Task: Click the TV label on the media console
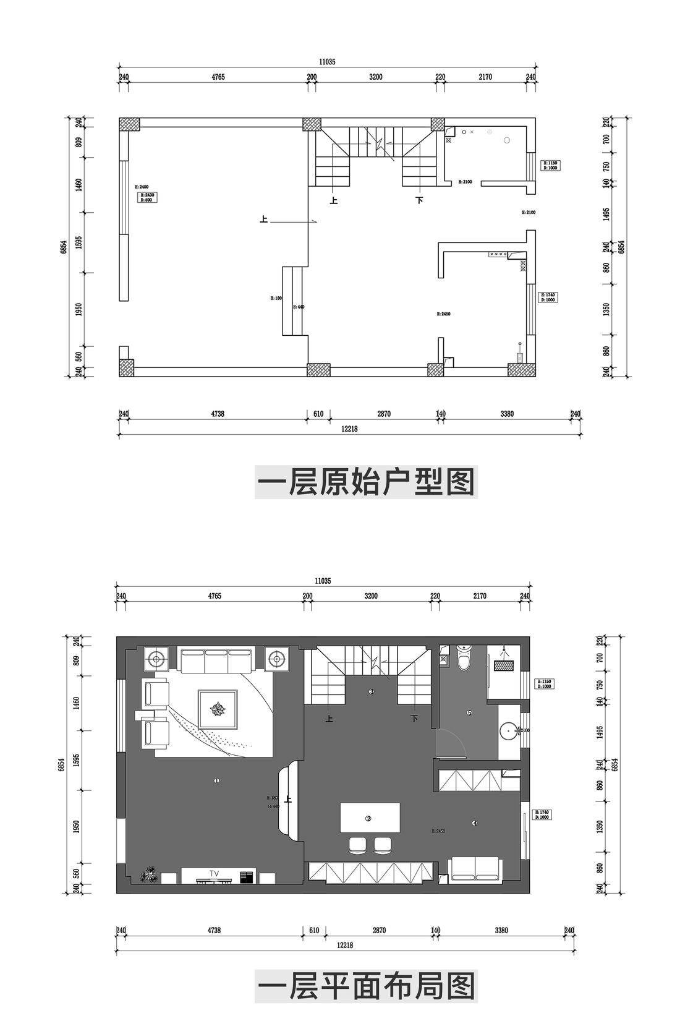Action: click(x=214, y=873)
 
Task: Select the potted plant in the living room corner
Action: click(x=148, y=875)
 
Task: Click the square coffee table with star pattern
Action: click(x=218, y=709)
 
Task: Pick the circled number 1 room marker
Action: click(x=216, y=781)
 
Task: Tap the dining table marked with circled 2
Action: click(x=369, y=818)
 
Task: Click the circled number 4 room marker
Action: click(x=474, y=823)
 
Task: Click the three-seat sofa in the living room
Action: click(x=217, y=660)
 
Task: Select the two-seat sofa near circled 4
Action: click(x=475, y=868)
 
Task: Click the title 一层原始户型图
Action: click(x=365, y=482)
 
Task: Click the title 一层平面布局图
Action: click(x=365, y=986)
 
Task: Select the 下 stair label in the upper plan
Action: click(x=419, y=200)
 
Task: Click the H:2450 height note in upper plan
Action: click(x=443, y=314)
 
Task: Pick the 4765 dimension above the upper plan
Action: click(x=218, y=77)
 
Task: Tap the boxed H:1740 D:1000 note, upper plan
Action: click(x=549, y=297)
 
